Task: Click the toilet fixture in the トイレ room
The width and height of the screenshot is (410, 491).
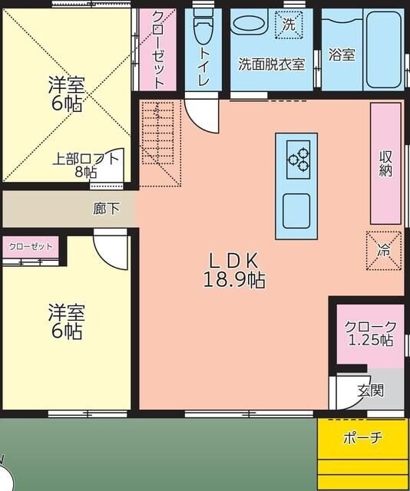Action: (203, 29)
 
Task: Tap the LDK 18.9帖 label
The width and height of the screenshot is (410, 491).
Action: (234, 269)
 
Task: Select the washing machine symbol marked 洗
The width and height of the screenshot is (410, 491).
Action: (289, 25)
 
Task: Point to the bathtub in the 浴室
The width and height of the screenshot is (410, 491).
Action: (382, 50)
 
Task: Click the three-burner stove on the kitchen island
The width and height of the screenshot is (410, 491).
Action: (298, 156)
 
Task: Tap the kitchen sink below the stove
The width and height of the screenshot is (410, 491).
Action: (296, 210)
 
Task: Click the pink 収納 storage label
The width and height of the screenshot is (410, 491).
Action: (385, 162)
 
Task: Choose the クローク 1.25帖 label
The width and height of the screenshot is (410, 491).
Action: (370, 333)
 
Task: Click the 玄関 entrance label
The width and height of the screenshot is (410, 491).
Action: (370, 390)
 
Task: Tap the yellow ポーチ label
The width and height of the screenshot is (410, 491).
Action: (362, 438)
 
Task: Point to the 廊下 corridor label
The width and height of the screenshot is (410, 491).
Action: (107, 208)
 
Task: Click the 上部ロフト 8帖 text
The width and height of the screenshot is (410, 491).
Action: (86, 165)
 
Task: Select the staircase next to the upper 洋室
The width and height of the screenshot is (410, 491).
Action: (160, 143)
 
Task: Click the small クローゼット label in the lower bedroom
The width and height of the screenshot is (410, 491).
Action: (31, 246)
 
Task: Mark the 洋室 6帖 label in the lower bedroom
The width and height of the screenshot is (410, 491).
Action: (67, 322)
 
